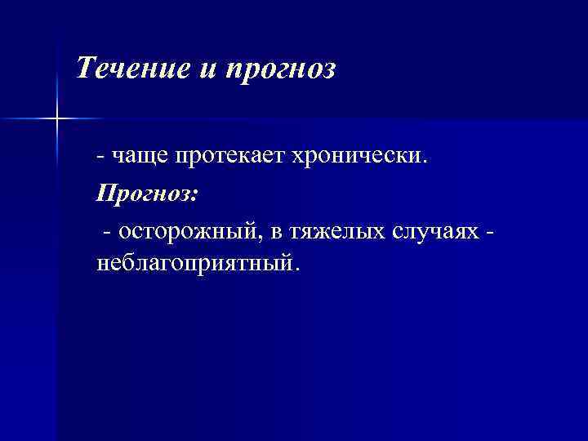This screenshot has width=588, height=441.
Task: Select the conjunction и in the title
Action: [205, 69]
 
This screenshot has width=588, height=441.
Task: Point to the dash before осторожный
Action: [107, 233]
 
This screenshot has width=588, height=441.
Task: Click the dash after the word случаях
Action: [489, 233]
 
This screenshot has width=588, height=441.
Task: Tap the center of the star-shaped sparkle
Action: [58, 119]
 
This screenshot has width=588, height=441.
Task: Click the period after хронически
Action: [423, 160]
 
